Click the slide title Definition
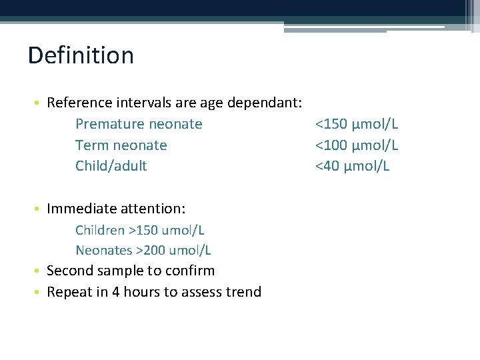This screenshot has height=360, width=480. [x=81, y=55]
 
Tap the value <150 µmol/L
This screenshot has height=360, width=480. [x=357, y=124]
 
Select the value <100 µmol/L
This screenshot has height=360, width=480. [x=357, y=145]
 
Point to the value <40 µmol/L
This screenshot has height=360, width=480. [x=352, y=166]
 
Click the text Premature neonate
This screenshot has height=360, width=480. [x=139, y=124]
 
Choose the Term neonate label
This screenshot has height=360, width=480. [x=121, y=145]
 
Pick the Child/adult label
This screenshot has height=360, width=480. [x=111, y=166]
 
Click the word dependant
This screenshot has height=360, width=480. [x=265, y=103]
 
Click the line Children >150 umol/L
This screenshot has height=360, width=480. [x=140, y=230]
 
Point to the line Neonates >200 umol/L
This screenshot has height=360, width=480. [x=143, y=251]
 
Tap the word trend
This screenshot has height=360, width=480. [x=244, y=292]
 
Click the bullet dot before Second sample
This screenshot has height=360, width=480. [x=41, y=271]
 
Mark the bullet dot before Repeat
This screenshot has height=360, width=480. [x=41, y=293]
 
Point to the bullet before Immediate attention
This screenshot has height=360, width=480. [x=41, y=209]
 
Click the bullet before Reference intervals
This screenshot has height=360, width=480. [x=41, y=104]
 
